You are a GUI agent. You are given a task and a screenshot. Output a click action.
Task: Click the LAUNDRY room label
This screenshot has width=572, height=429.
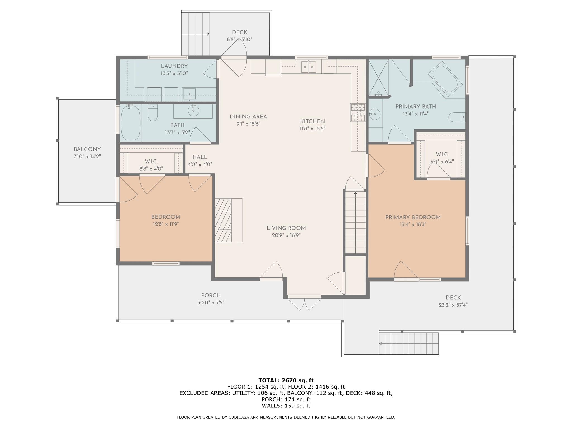[174, 66]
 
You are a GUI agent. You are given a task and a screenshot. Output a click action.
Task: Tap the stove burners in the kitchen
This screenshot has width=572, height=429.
[358, 113]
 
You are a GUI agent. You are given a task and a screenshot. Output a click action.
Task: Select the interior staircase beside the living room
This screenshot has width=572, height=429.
[356, 222]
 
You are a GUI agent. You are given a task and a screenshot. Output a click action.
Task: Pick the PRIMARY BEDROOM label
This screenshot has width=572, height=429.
[413, 217]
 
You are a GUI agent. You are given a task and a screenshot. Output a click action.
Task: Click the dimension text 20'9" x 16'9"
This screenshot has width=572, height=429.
[286, 235]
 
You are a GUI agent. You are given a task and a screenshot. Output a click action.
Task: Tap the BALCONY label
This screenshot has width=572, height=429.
[87, 149]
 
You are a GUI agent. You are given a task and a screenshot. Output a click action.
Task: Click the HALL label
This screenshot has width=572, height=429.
[200, 157]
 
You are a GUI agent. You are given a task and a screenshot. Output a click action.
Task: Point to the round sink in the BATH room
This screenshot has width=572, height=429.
[193, 111]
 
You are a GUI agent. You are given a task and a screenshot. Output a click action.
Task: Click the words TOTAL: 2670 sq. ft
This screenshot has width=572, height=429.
[286, 380]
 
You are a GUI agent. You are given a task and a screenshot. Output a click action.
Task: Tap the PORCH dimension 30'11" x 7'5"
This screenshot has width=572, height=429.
[211, 302]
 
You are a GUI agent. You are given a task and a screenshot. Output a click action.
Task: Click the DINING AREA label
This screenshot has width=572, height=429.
[248, 117]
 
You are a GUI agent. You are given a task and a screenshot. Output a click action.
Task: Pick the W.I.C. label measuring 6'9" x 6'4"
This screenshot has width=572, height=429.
[442, 154]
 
